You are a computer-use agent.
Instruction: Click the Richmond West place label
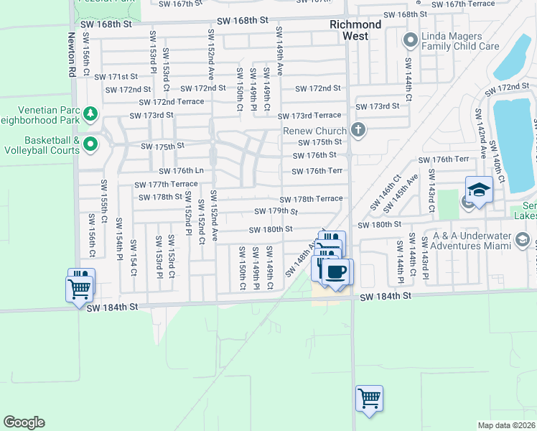(x=355, y=30)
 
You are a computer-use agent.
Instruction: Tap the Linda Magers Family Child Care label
(x=459, y=40)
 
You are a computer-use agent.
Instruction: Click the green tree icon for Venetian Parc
(x=90, y=113)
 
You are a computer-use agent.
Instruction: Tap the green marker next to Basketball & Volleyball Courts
(x=90, y=145)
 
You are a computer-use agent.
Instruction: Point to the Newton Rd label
(x=72, y=44)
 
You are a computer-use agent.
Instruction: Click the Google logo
(x=24, y=422)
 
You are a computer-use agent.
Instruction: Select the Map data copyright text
(x=507, y=425)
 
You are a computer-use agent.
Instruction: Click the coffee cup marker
(x=336, y=272)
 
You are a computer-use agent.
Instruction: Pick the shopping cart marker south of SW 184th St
(x=369, y=398)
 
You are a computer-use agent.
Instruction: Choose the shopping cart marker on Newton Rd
(x=79, y=289)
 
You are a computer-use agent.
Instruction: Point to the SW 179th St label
(x=276, y=211)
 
